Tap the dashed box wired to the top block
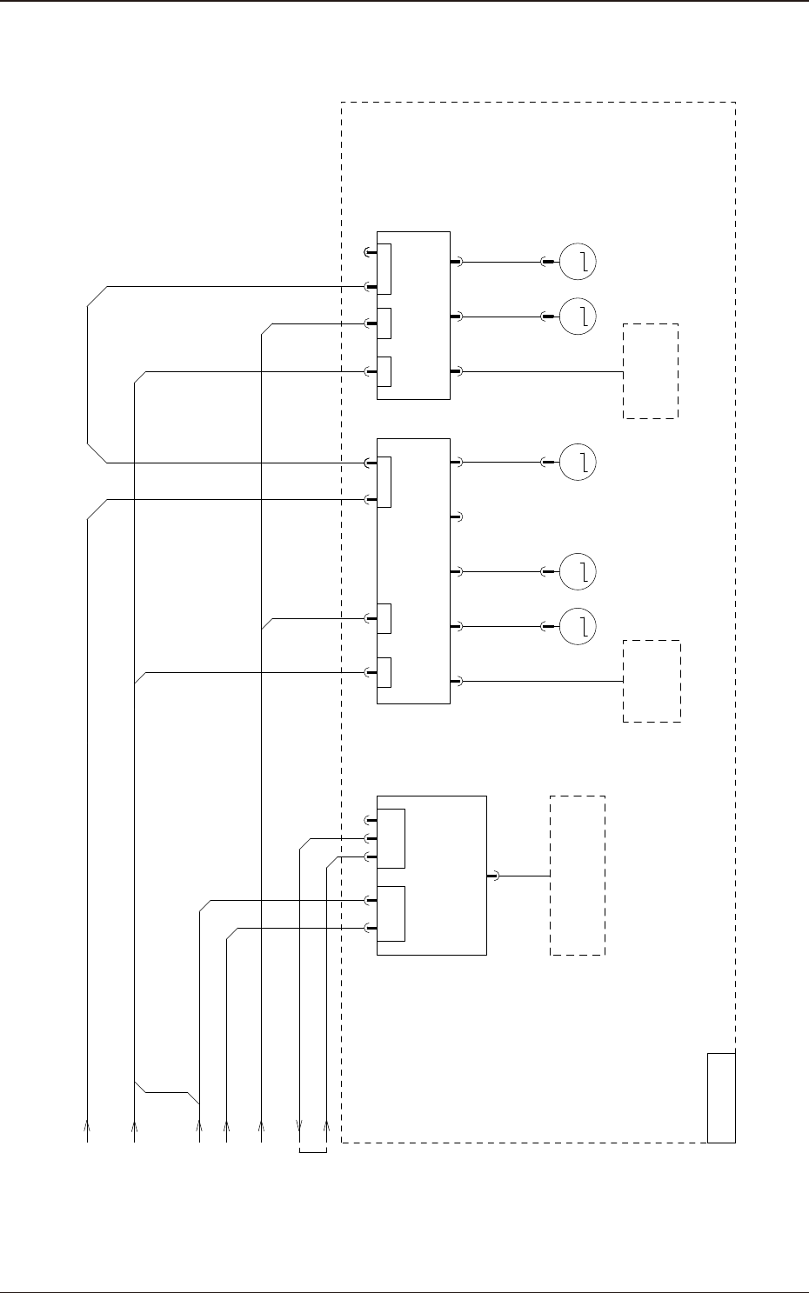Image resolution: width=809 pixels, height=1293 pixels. point(650,371)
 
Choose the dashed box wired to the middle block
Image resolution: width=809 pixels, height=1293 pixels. point(652,681)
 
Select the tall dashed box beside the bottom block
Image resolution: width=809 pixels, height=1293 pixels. point(578,875)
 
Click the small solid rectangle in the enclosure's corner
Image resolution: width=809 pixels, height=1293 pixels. point(721,1096)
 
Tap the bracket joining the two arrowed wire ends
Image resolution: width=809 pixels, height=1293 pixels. point(312,1154)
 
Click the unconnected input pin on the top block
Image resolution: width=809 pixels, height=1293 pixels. point(369,253)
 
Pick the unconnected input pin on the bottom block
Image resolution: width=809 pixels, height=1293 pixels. point(369,820)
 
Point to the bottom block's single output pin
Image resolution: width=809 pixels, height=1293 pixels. point(492,876)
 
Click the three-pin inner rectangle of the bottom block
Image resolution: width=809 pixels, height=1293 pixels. point(391,838)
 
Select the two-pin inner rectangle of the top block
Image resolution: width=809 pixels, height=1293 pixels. point(384,270)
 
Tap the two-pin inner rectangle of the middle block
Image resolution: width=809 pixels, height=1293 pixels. point(384,481)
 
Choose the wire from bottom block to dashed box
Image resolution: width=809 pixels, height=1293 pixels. point(523,876)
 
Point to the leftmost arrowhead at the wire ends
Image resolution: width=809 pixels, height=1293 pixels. point(87,1125)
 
